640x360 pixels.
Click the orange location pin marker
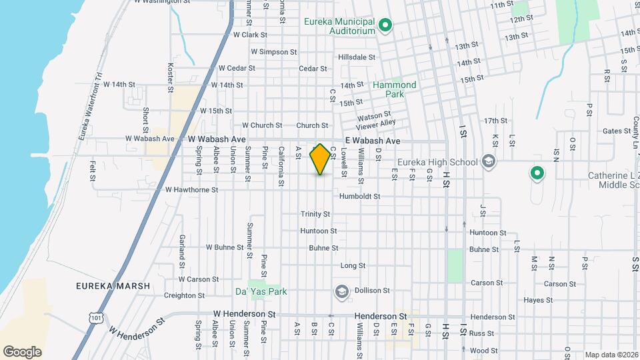[321, 159]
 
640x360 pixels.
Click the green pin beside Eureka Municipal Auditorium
[385, 27]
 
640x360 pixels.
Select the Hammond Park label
[394, 89]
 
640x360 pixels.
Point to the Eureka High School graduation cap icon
[489, 162]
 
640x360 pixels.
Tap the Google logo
[22, 351]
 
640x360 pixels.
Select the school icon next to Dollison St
[341, 291]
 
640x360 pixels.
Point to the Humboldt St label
[359, 197]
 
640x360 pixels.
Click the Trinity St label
[315, 214]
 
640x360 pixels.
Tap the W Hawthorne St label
[191, 190]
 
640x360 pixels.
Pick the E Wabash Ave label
[372, 141]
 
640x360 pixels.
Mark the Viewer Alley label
[376, 123]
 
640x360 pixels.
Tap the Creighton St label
[184, 295]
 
